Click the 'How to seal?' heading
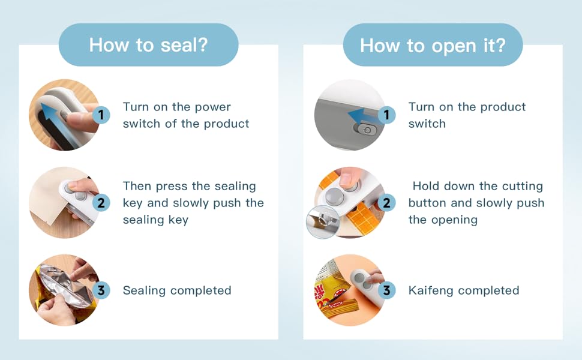[148, 45]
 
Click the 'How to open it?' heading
[433, 45]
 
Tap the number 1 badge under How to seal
[101, 115]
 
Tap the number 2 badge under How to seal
[101, 203]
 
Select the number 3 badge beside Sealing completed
[101, 291]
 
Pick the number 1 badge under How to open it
[386, 115]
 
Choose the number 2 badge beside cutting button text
[386, 203]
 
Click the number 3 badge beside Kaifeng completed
[386, 291]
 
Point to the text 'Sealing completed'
[177, 291]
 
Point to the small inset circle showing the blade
[322, 221]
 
